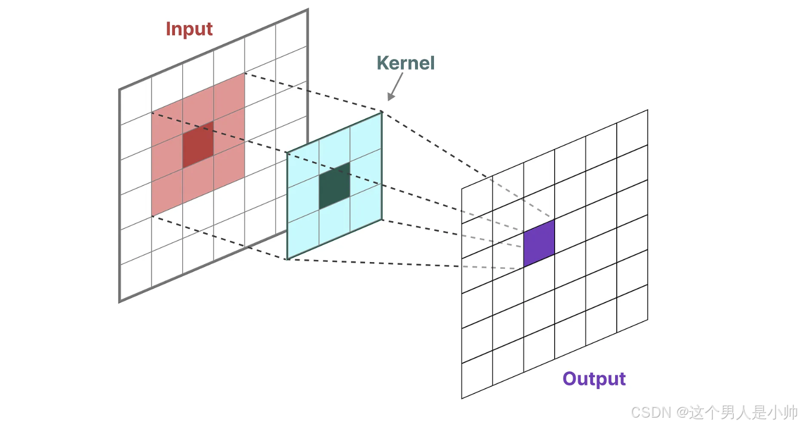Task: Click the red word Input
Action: [189, 29]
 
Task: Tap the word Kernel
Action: [405, 63]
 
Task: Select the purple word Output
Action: [594, 378]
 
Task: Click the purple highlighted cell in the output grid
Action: [539, 243]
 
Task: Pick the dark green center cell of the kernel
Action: [334, 186]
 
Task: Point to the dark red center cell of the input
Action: [198, 145]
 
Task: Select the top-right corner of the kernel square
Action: [382, 112]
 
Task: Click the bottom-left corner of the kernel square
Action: [287, 259]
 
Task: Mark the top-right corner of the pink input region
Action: [244, 73]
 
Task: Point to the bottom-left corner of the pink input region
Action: [152, 216]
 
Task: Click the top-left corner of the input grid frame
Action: [120, 90]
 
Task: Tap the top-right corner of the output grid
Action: [648, 110]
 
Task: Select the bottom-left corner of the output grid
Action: [462, 398]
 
